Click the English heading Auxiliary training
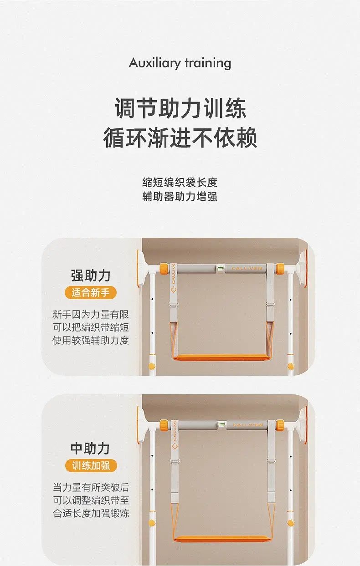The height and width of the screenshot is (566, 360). pos(180,63)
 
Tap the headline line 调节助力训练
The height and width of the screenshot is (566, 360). pos(180,108)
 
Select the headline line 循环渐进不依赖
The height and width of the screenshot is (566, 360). pos(180,138)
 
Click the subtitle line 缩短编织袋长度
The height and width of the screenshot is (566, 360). pos(180,183)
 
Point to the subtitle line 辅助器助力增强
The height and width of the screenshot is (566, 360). pos(180,197)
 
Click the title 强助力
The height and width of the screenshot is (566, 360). pos(91,275)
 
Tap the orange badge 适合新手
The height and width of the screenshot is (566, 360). pos(91,293)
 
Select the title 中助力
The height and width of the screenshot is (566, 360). pos(90,449)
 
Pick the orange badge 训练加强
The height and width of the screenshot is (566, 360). pos(91,466)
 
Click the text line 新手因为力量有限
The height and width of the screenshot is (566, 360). pos(91,314)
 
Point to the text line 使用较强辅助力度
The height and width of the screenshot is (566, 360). pos(91,340)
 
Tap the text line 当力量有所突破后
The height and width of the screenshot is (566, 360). pos(91,487)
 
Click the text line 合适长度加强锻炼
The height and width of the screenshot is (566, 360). pos(91,513)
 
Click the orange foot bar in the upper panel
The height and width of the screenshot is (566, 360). pos(220,357)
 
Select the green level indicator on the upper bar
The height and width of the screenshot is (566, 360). pos(221,267)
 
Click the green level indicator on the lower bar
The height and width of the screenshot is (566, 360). pos(221,424)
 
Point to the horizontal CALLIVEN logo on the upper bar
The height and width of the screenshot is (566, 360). pos(247,268)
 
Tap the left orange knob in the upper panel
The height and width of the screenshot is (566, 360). pos(164,268)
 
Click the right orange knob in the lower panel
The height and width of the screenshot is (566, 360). pos(280,425)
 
